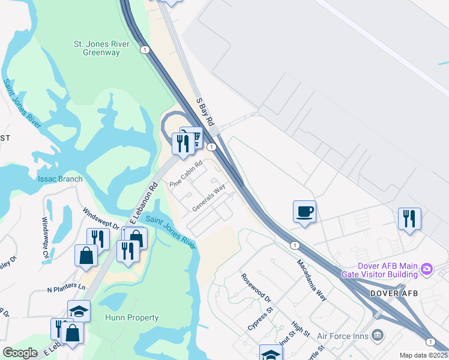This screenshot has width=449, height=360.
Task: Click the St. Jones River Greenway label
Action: (x=97, y=48)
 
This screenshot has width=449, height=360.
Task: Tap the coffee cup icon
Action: (x=305, y=212)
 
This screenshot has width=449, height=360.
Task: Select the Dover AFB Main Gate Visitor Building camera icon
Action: (x=427, y=267)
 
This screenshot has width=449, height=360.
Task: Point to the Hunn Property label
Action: (x=131, y=317)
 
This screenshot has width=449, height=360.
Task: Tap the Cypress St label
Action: (x=261, y=318)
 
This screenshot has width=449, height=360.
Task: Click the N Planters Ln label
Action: (x=67, y=288)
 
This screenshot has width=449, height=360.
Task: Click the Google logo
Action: (x=20, y=352)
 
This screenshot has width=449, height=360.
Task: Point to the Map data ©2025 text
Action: (x=423, y=355)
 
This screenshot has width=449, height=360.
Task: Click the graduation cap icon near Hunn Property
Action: (x=79, y=310)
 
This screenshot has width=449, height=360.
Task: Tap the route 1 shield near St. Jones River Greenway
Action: (x=145, y=50)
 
